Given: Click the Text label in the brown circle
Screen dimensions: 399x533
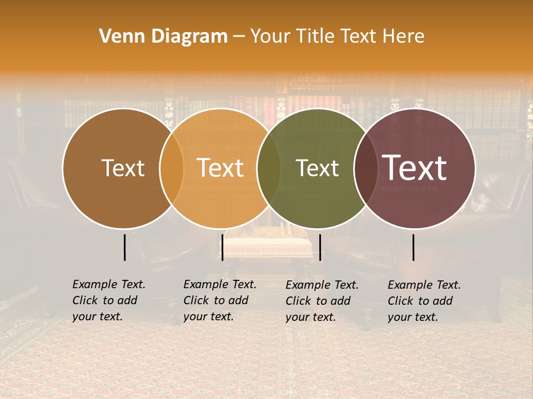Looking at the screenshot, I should tap(123, 168).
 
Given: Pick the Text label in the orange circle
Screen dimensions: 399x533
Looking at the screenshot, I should tap(220, 168).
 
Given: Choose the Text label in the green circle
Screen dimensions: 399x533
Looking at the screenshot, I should tap(317, 168).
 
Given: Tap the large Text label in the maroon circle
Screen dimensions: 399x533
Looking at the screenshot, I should tap(415, 168).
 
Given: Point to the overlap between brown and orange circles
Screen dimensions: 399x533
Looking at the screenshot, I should tap(172, 168).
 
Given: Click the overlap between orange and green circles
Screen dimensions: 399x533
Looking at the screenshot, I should tap(269, 168).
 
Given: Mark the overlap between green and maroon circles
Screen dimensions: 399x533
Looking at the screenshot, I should tap(366, 168).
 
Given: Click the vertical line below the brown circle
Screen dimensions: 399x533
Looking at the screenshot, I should tap(125, 247).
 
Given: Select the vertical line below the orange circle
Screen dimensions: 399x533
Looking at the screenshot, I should tap(222, 247).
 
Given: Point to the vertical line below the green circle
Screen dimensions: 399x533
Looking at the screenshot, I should tap(320, 247).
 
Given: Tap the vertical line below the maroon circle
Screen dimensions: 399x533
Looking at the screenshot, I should tap(414, 247).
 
